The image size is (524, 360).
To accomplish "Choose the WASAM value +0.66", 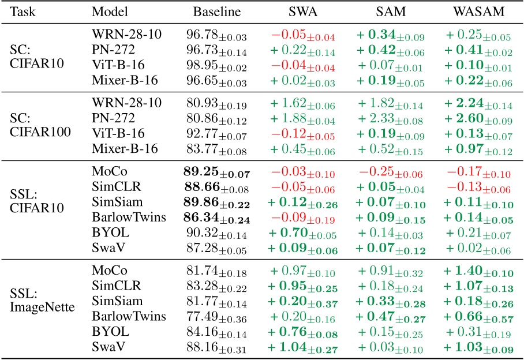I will (x=484, y=316).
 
